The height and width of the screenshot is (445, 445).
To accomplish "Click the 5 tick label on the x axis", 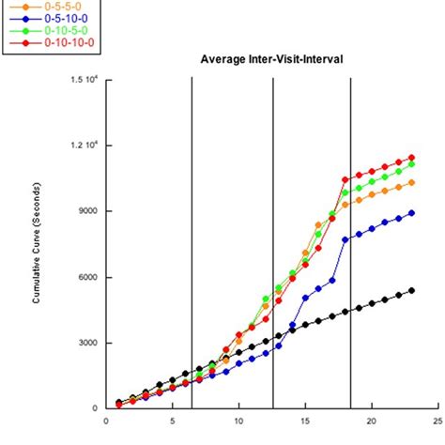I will click(x=173, y=420).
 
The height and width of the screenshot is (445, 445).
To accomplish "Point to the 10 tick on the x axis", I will click(x=238, y=420).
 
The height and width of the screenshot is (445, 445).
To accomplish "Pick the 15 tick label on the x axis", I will click(x=305, y=420).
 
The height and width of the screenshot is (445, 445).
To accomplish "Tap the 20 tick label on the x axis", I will click(x=372, y=420).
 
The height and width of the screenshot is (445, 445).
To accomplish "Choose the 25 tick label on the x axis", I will click(x=437, y=420).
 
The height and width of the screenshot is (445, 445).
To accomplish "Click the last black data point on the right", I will click(x=411, y=290).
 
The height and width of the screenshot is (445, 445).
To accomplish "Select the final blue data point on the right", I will click(x=411, y=213).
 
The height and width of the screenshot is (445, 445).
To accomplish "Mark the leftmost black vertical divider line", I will click(x=192, y=244).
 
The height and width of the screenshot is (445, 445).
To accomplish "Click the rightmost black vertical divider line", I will click(x=351, y=244).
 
